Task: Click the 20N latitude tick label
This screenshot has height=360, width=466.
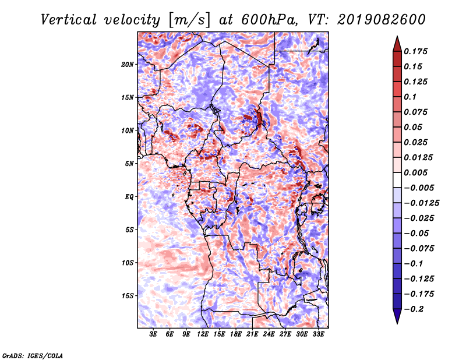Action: [x=128, y=64]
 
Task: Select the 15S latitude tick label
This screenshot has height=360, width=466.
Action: [x=128, y=295]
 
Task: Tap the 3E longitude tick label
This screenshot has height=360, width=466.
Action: [x=154, y=334]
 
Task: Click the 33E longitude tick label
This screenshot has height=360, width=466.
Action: [x=318, y=334]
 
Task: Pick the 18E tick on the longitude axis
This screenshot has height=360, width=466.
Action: [x=235, y=334]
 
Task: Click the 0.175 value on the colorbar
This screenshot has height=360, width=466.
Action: [x=417, y=51]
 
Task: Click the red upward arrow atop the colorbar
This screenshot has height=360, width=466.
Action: [x=397, y=42]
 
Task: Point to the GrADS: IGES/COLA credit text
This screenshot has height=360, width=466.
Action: [x=32, y=355]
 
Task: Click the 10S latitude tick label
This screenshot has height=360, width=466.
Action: [x=128, y=263]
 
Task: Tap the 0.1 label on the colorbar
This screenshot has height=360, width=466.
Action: [x=414, y=97]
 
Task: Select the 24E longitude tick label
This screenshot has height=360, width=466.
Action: [x=269, y=334]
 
